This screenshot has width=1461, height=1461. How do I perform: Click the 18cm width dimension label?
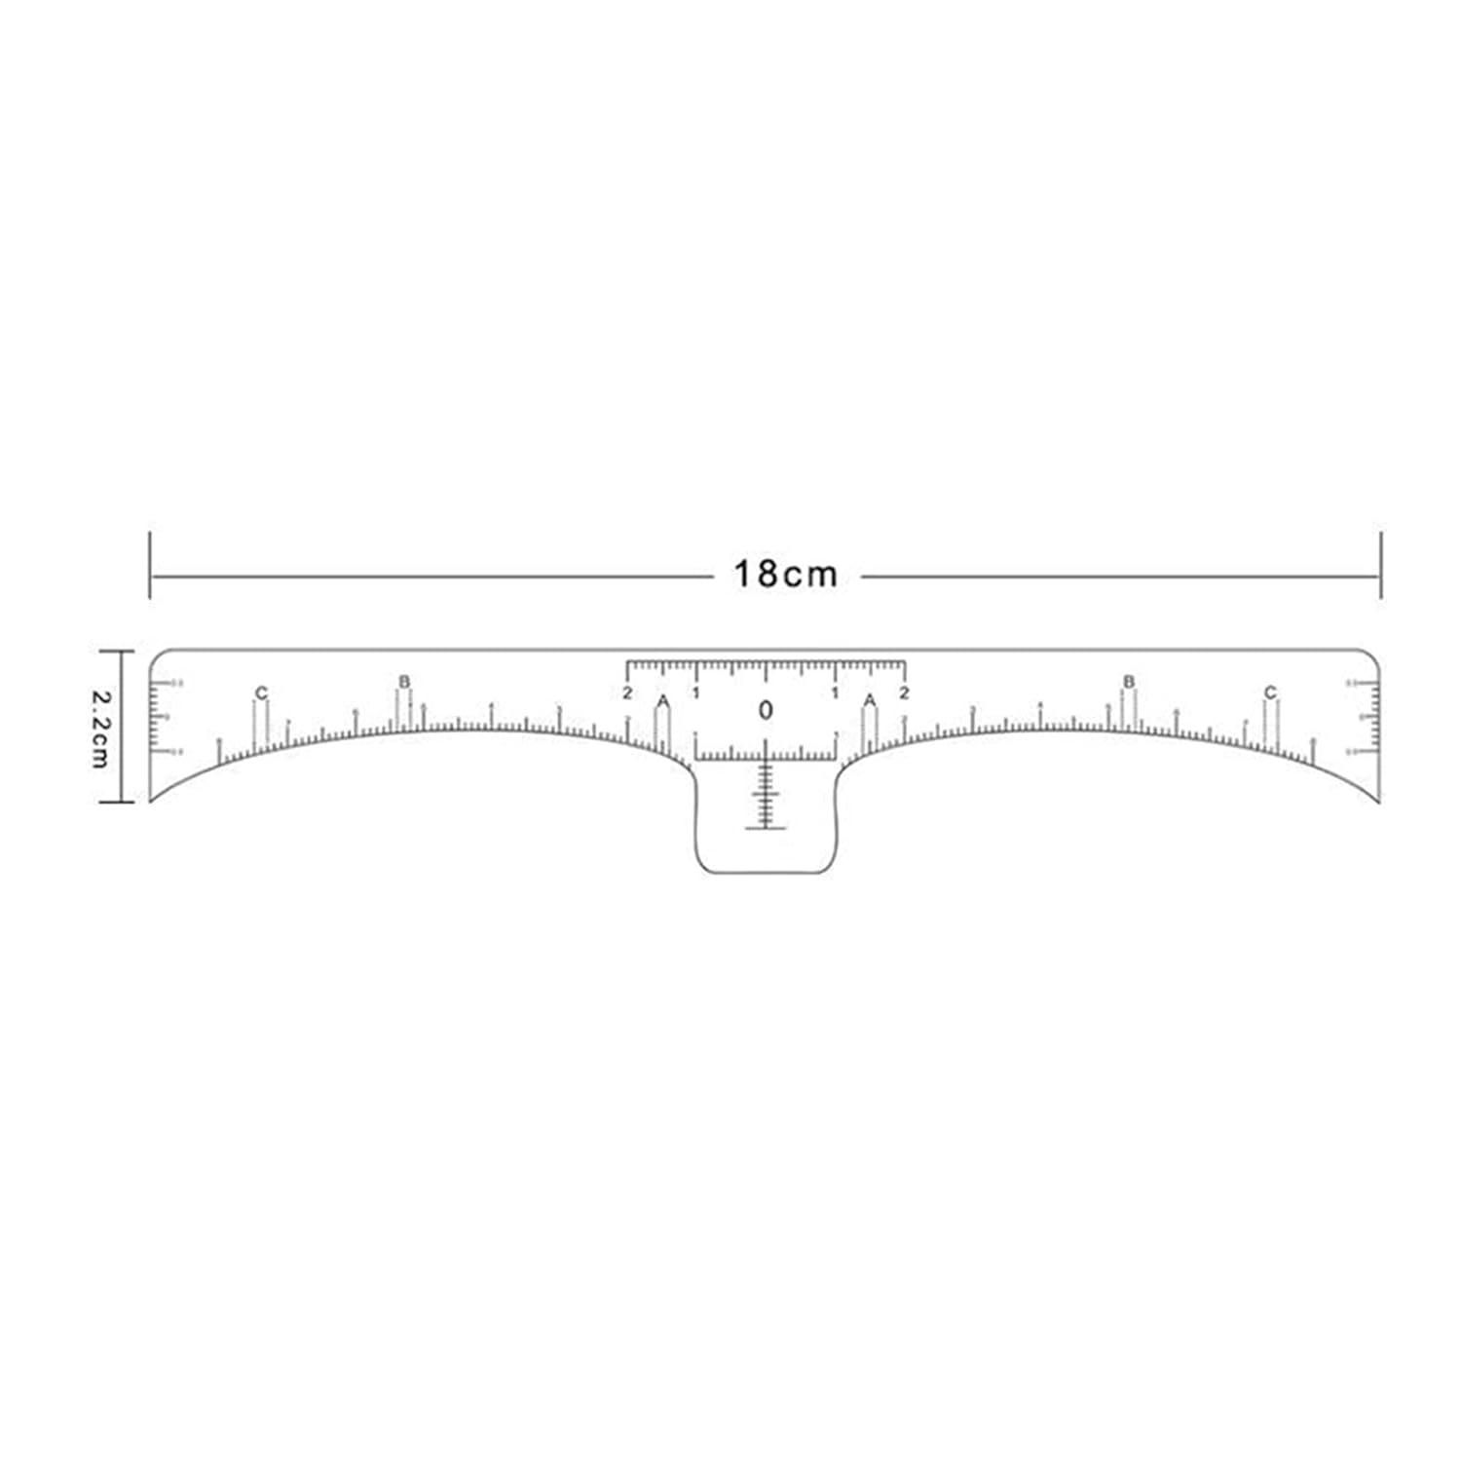click(785, 575)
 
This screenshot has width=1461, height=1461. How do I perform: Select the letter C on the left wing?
click(260, 693)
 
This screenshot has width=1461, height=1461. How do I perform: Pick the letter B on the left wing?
click(404, 681)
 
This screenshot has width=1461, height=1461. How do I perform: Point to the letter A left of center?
click(662, 701)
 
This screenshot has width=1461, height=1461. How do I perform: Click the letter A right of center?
click(870, 700)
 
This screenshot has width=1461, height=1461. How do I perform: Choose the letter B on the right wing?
click(1129, 681)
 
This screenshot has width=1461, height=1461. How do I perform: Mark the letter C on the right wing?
click(1269, 693)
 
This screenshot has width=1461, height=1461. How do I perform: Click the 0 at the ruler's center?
click(766, 711)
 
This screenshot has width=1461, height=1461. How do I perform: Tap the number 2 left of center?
click(627, 693)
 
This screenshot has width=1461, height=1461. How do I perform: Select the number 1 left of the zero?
click(695, 693)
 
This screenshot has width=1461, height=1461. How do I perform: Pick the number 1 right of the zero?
click(835, 693)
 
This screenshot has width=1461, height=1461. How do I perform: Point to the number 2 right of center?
click(904, 693)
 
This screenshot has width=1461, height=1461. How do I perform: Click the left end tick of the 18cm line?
click(150, 565)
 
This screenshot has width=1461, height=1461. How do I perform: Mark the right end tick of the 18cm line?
click(1380, 565)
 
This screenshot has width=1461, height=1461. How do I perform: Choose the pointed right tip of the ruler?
click(1379, 801)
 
